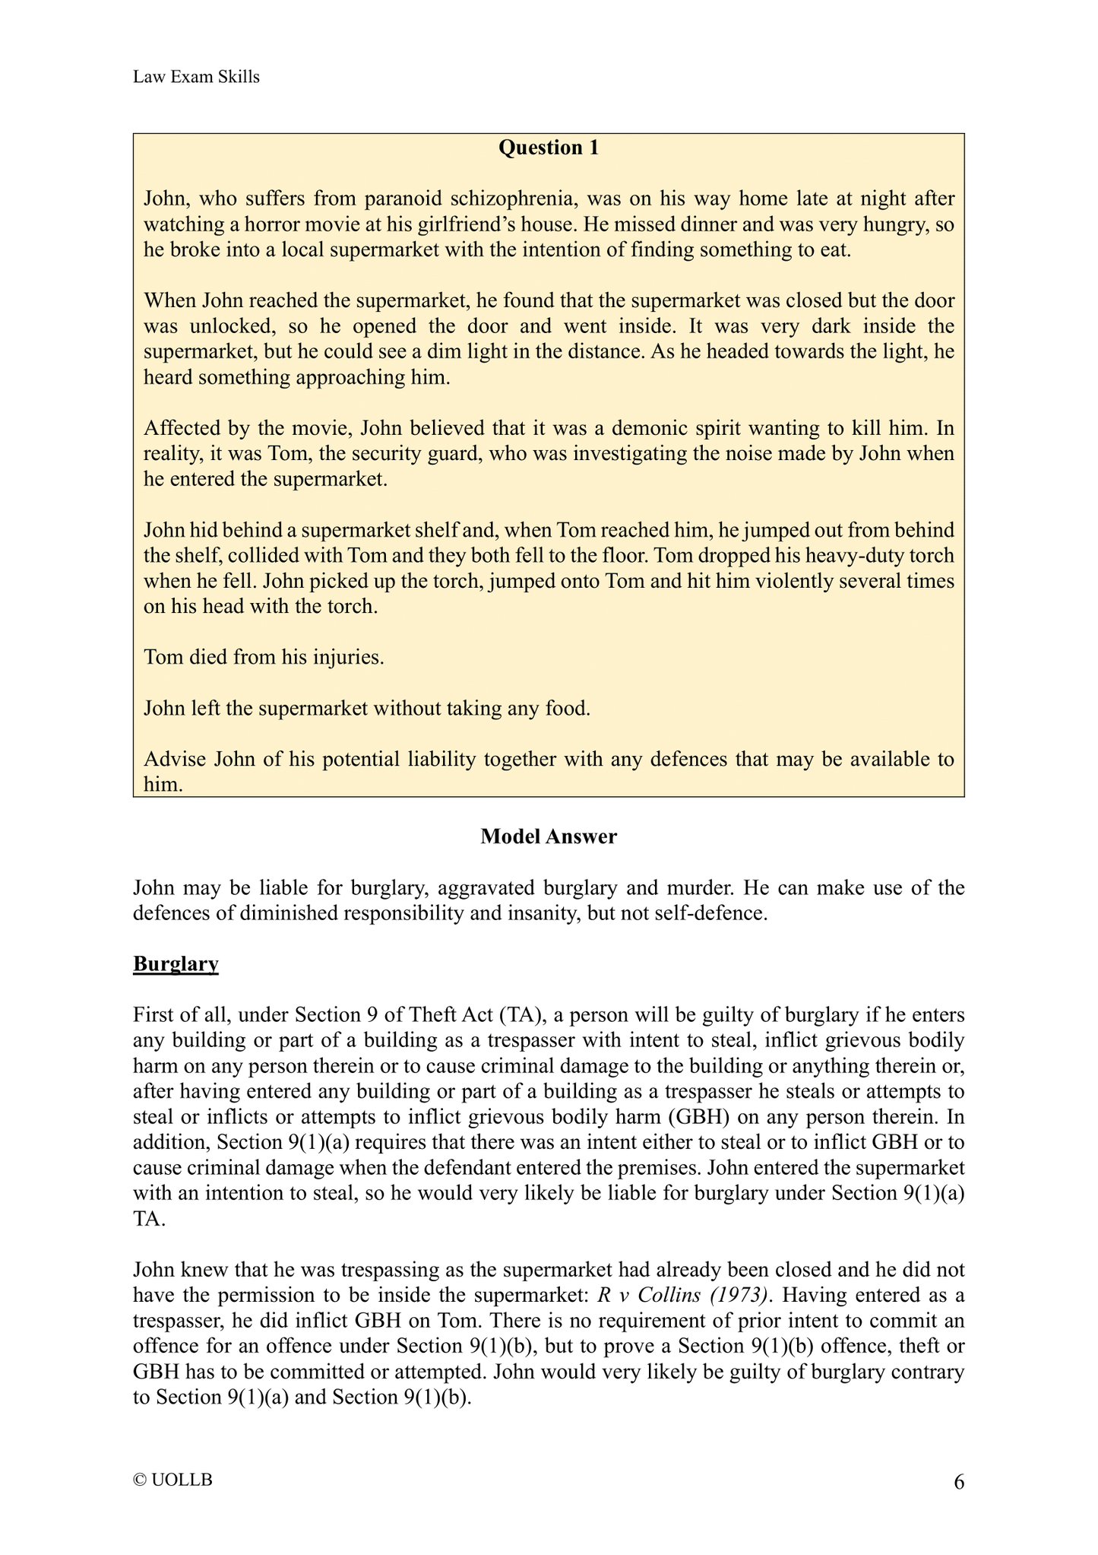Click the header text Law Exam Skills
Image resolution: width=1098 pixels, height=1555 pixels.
tap(196, 77)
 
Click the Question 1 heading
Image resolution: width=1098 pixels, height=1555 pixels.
tap(549, 148)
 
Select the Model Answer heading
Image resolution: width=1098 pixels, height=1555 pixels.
tap(549, 836)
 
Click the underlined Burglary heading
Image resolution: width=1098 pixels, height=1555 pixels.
tap(176, 964)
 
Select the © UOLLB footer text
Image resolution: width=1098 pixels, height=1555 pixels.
tap(172, 1480)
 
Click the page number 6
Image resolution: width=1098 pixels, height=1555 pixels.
tap(959, 1482)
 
